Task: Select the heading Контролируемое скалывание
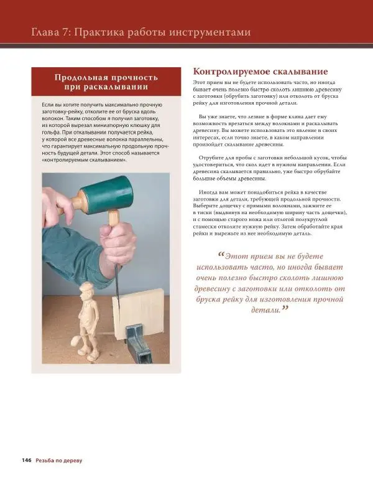coord(260,72)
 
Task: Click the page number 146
coord(26,460)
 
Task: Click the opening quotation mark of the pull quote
coord(221,255)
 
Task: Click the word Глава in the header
coord(39,32)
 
